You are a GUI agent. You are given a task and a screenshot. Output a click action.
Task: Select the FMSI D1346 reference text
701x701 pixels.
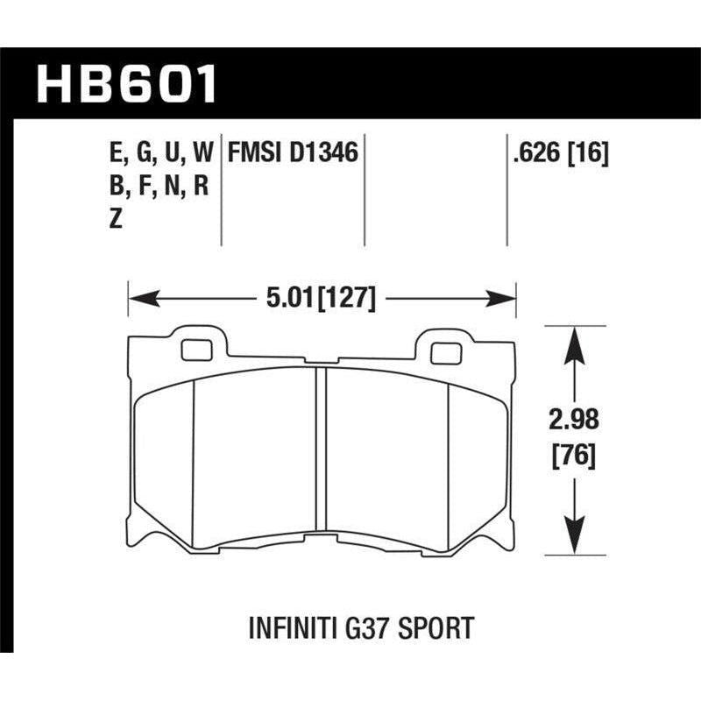(x=293, y=154)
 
